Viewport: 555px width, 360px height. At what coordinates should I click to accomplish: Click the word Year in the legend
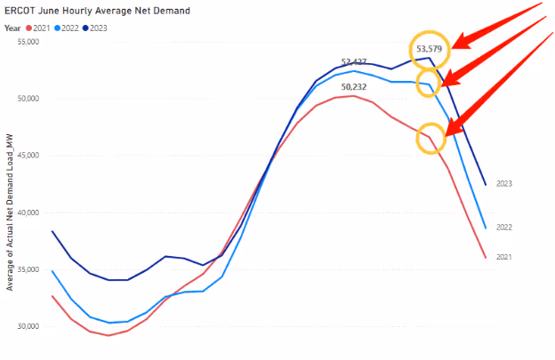pos(12,28)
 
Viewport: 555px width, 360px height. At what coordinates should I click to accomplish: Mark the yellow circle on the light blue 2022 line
pos(429,83)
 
